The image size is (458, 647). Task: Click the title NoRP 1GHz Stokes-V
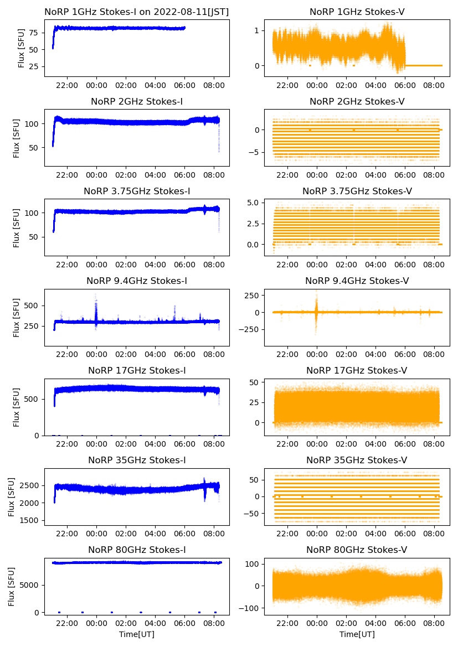click(x=357, y=12)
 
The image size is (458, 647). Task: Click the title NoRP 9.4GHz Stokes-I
click(x=137, y=281)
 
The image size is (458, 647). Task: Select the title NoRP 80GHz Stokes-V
click(x=357, y=550)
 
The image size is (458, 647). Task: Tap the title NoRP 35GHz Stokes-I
click(x=137, y=460)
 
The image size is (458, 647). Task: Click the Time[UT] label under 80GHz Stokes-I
click(x=137, y=634)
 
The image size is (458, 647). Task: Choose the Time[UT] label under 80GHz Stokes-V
click(x=357, y=634)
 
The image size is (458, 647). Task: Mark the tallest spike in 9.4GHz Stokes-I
click(x=96, y=296)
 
